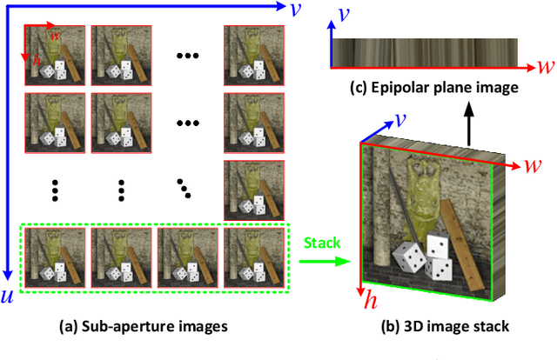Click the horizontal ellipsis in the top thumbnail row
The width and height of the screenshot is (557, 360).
point(187,54)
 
